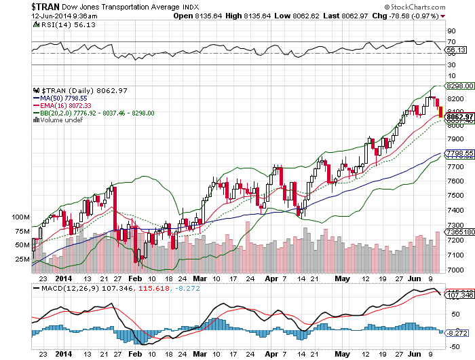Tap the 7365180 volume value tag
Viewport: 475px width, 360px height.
point(457,232)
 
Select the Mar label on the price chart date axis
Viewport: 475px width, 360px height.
point(199,278)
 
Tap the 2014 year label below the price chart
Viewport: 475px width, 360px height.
point(62,278)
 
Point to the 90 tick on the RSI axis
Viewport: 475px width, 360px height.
point(451,31)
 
